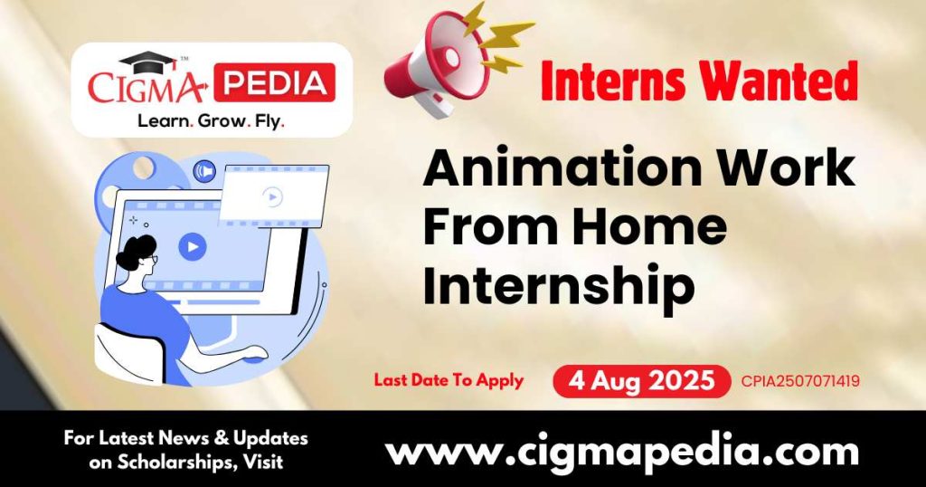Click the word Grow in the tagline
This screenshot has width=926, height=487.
212,120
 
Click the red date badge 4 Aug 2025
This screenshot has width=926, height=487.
641,381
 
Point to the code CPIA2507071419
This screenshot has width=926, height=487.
800,381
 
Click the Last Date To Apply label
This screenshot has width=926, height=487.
449,380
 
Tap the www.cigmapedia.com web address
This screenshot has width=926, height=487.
621,450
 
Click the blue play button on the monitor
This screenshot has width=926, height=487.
192,245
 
